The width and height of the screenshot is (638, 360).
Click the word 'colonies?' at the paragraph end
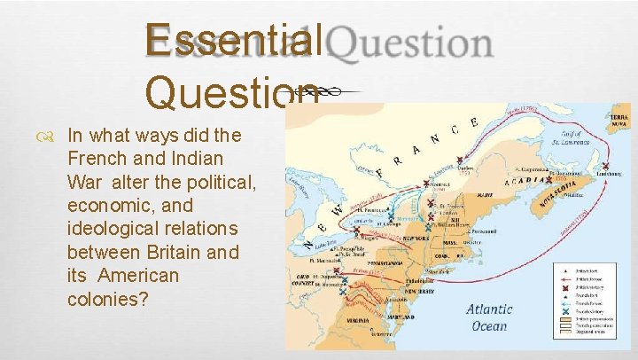(107, 299)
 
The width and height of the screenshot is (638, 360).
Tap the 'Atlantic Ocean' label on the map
(489, 317)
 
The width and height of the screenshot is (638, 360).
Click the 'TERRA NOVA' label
(617, 121)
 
